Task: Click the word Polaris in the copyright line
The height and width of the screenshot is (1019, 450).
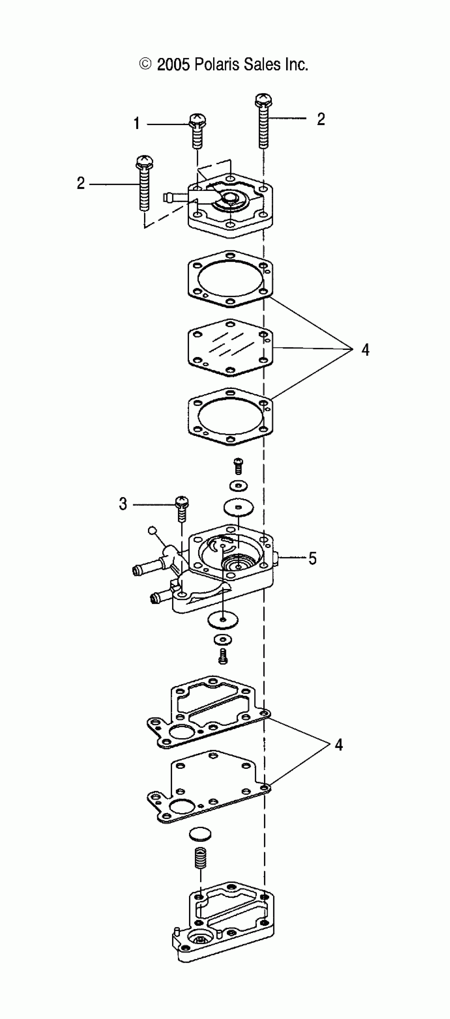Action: tap(217, 65)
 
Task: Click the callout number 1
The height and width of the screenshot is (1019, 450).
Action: tap(137, 124)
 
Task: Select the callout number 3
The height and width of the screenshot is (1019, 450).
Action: tap(123, 504)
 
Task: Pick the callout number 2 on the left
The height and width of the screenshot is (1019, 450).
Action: tap(81, 183)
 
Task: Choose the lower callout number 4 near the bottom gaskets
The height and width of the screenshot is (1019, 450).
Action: tap(338, 744)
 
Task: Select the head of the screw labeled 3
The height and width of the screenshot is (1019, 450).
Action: tap(182, 502)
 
